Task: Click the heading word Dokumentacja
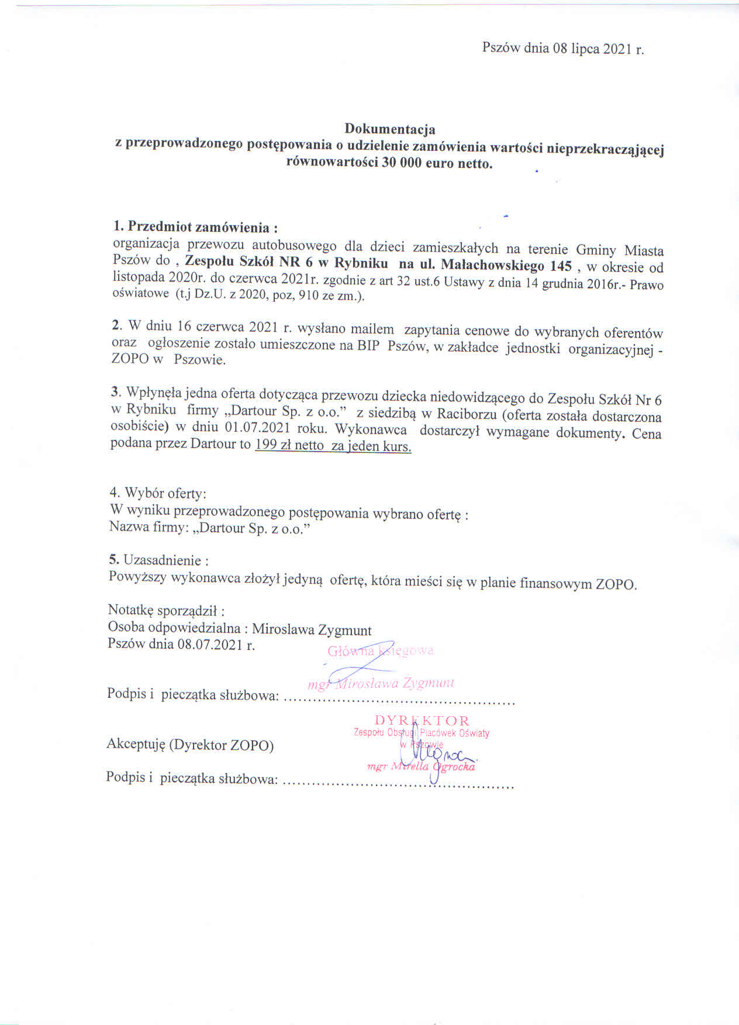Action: (x=389, y=128)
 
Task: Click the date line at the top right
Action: (x=562, y=49)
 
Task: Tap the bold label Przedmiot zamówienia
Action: (x=198, y=227)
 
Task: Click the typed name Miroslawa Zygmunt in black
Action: (x=312, y=630)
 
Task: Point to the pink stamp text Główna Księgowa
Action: (x=380, y=651)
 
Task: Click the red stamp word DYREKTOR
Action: (x=422, y=720)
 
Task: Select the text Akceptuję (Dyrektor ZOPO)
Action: (x=189, y=745)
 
